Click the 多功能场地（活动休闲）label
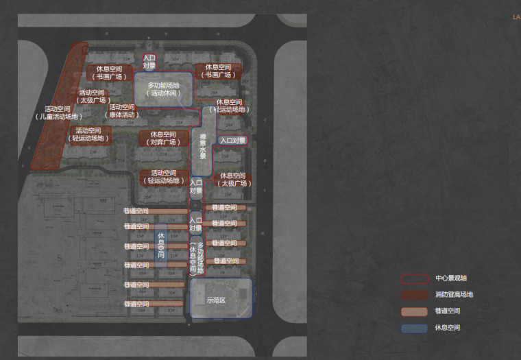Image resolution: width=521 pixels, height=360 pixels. pyautogui.click(x=162, y=89)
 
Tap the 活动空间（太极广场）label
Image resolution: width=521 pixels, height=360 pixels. pyautogui.click(x=92, y=97)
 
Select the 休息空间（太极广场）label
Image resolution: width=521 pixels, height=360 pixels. pyautogui.click(x=232, y=180)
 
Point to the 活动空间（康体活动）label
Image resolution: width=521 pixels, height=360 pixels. pyautogui.click(x=122, y=111)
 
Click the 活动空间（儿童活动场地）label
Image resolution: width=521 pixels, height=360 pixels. pyautogui.click(x=58, y=112)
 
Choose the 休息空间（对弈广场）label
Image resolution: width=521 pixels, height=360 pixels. pyautogui.click(x=164, y=139)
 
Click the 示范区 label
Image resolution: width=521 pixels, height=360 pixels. pyautogui.click(x=216, y=300)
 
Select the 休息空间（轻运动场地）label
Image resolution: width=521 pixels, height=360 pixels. pyautogui.click(x=229, y=106)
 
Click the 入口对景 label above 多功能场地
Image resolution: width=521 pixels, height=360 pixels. pyautogui.click(x=149, y=62)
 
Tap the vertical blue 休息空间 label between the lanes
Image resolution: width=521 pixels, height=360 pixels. pyautogui.click(x=161, y=245)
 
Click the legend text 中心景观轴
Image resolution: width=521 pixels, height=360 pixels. pyautogui.click(x=451, y=278)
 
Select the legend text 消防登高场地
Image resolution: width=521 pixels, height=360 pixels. pyautogui.click(x=454, y=295)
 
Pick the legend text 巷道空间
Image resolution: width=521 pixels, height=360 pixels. pyautogui.click(x=448, y=311)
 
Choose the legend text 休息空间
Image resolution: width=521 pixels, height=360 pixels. pyautogui.click(x=448, y=328)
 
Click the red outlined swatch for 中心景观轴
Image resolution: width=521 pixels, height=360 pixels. pyautogui.click(x=414, y=279)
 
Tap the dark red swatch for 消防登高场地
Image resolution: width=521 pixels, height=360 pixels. pyautogui.click(x=414, y=296)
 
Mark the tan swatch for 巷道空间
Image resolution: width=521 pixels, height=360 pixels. pyautogui.click(x=414, y=312)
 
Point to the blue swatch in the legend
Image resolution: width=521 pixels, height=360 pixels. pyautogui.click(x=414, y=328)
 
